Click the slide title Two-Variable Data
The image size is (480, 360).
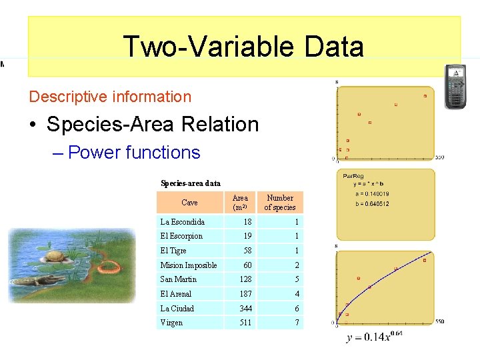[243, 47]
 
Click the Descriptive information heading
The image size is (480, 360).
[110, 97]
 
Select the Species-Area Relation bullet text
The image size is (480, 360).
[153, 125]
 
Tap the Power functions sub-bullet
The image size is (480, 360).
[134, 153]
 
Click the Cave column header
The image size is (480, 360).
[189, 203]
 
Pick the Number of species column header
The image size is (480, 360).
[280, 203]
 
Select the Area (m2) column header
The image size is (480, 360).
[240, 203]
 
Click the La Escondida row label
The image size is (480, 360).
[183, 222]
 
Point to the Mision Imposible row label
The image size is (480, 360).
[189, 265]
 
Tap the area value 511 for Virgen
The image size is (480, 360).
[247, 323]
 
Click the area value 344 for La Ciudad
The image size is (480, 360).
[247, 309]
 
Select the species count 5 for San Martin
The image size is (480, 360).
[297, 279]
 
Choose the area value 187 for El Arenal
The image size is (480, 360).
[247, 294]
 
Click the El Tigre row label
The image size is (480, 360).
[173, 251]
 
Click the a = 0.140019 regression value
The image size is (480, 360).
[372, 194]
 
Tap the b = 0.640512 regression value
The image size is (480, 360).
[372, 204]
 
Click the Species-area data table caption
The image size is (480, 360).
[191, 183]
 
